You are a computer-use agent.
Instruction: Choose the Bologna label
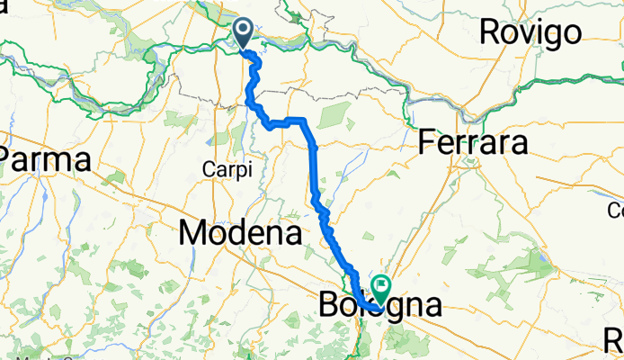point(380,305)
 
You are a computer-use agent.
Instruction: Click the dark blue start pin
point(244,34)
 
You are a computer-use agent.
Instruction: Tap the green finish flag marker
point(382,289)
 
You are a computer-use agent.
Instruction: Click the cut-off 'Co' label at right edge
point(615,211)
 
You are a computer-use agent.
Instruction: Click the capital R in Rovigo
point(492,31)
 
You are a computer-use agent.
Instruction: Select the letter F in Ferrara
point(429,143)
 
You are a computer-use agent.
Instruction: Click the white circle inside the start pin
point(244,31)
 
